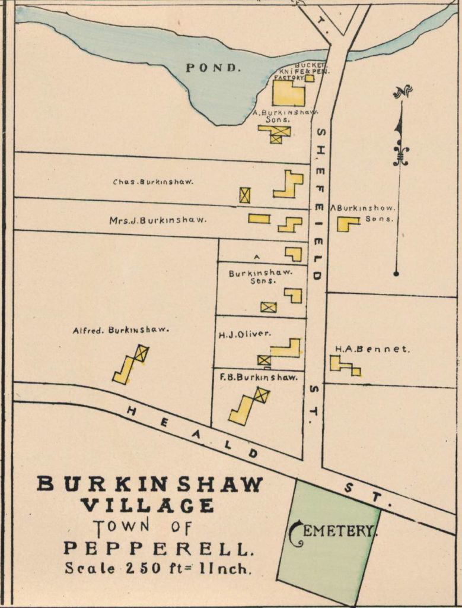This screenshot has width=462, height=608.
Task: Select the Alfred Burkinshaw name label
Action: [x=121, y=330]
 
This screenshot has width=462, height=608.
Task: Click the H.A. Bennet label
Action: [x=372, y=349]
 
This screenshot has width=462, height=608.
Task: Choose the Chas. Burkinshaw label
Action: [x=153, y=182]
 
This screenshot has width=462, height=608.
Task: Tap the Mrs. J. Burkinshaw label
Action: [x=158, y=220]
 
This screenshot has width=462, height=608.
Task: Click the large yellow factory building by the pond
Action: [x=289, y=93]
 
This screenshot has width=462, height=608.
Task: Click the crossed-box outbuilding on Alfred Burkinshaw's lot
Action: [x=141, y=354]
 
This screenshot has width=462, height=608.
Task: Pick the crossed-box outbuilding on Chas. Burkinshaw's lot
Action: [x=244, y=195]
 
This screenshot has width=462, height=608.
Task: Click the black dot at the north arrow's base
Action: [x=396, y=274]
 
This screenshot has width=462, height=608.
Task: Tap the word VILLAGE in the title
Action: [x=147, y=506]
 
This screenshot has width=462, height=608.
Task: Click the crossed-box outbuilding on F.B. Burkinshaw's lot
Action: [x=261, y=395]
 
